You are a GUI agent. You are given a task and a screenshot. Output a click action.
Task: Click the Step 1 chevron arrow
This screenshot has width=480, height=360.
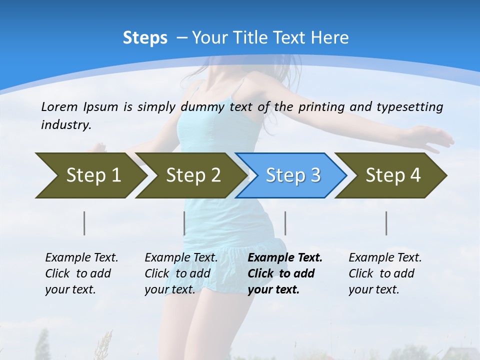(93, 175)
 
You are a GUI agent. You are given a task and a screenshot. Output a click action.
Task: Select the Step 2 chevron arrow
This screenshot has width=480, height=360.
(193, 175)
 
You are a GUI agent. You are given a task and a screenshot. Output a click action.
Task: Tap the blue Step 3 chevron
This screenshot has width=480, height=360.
(293, 175)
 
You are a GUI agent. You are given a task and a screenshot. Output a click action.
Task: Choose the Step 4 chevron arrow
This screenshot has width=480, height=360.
(393, 175)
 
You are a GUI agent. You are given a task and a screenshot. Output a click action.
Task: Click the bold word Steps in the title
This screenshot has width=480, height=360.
(145, 38)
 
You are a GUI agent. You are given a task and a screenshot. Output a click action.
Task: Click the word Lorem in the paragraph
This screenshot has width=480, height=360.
(59, 106)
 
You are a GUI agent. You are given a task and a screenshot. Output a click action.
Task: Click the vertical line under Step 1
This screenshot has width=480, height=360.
(84, 223)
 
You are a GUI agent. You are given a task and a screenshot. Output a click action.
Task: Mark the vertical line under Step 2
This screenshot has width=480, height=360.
(184, 223)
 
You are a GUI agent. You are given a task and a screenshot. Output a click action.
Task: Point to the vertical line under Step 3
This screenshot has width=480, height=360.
(285, 223)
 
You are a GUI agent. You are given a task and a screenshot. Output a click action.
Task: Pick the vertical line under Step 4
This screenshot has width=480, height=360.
(386, 223)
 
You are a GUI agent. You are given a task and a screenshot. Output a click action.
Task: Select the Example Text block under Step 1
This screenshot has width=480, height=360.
(81, 273)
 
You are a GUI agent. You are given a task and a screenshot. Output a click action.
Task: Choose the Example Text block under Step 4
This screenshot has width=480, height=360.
(385, 273)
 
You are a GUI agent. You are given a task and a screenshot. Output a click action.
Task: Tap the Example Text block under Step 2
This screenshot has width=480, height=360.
(181, 273)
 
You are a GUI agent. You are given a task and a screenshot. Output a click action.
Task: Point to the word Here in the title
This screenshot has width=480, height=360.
(329, 38)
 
